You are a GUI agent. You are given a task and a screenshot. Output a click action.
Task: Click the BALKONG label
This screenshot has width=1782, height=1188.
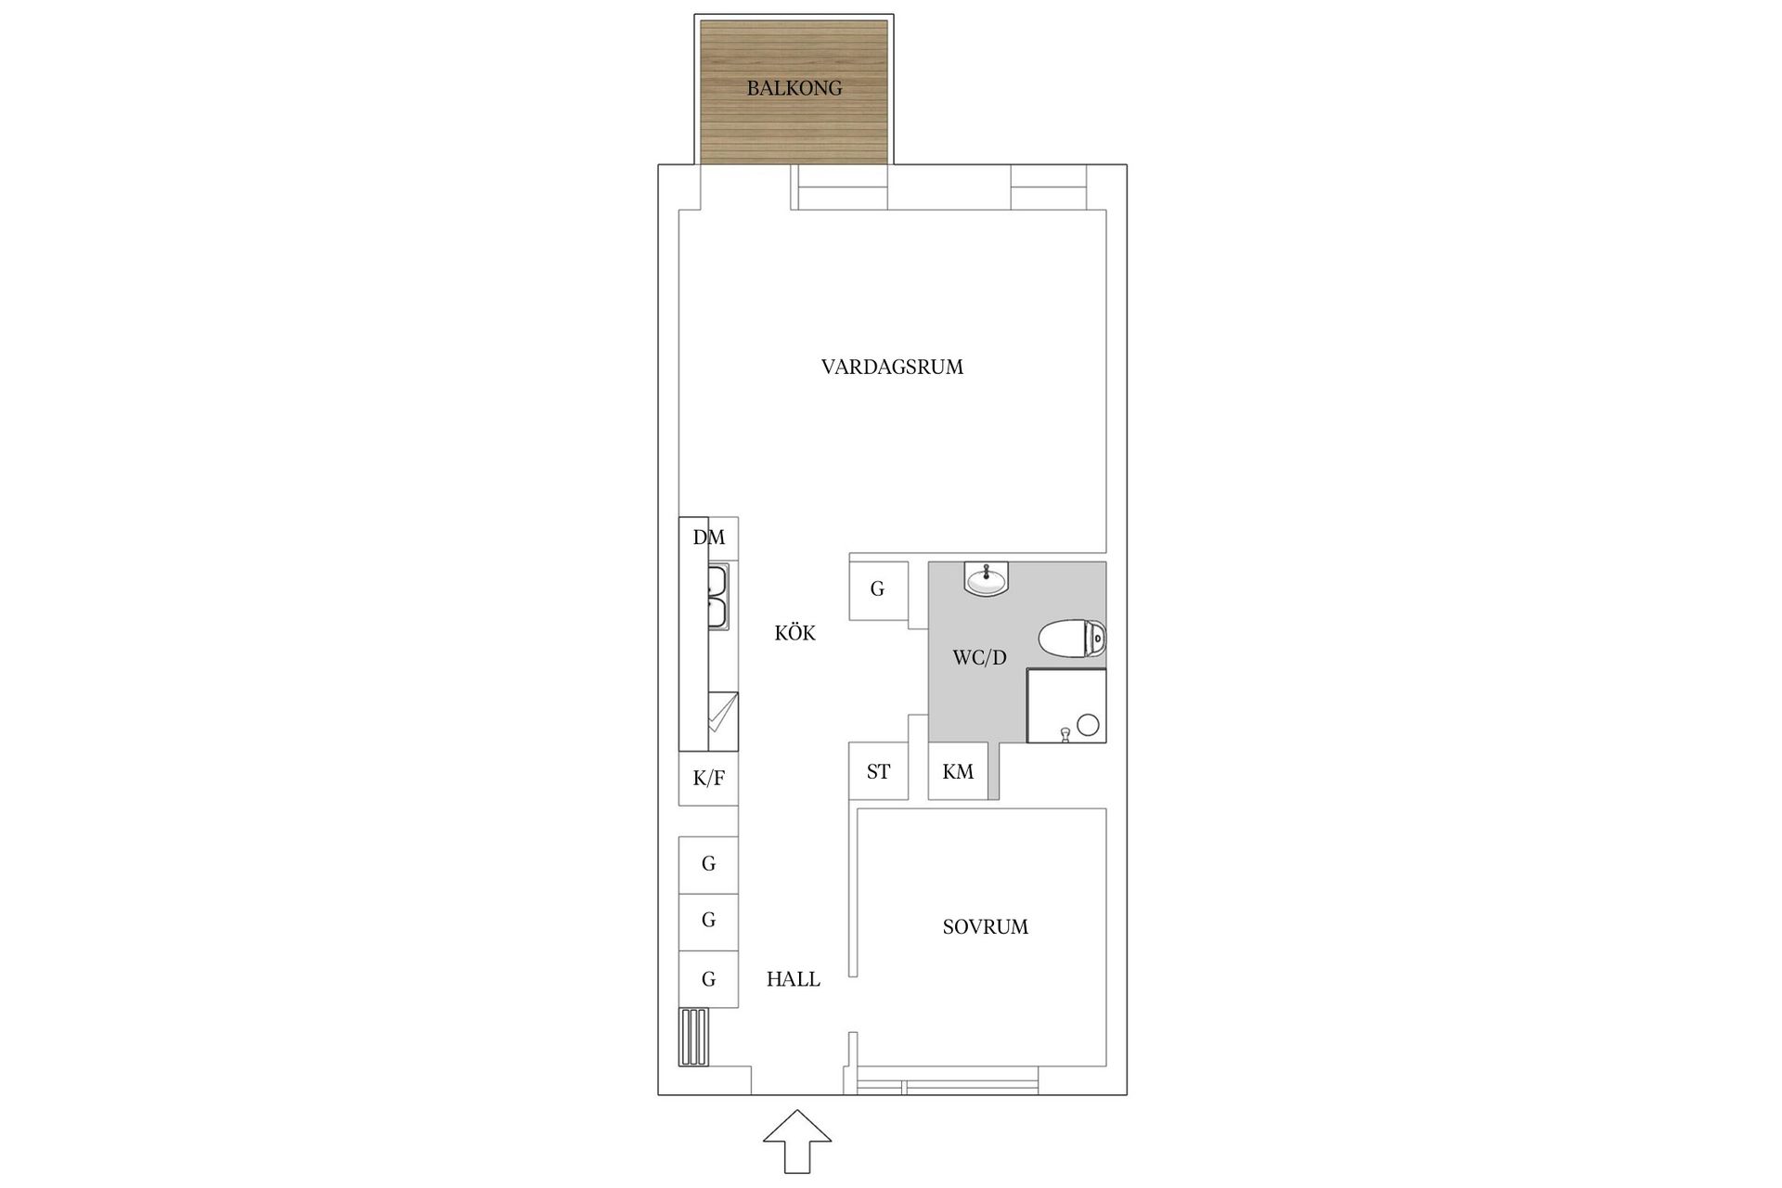794,88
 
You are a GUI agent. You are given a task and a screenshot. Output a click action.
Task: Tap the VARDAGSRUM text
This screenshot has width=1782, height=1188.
892,367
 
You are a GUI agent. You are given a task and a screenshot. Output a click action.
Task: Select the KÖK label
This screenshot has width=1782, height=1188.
795,633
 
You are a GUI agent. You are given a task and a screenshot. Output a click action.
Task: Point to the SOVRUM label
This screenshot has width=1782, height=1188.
985,926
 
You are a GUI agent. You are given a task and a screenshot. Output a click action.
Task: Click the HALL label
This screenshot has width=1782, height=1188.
794,978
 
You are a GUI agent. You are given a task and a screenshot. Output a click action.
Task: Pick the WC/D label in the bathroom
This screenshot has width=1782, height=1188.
979,658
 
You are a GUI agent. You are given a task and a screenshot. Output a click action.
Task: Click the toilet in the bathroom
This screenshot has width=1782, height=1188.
1072,639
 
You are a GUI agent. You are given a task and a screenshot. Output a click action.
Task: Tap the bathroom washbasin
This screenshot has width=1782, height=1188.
985,580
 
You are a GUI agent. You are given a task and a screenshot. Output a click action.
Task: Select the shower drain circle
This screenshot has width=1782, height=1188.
1088,724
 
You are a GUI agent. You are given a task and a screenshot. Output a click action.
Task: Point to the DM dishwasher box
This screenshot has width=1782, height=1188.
709,537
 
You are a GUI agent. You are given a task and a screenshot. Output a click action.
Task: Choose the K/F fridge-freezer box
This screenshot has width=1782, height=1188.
708,778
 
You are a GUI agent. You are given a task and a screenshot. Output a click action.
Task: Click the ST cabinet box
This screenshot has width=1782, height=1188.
878,771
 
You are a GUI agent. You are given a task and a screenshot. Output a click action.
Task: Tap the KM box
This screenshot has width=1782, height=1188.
958,771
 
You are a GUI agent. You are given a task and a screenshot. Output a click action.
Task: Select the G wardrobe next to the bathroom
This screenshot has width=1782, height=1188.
878,589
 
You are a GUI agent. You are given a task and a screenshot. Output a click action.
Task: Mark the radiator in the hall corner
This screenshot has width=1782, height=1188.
692,1037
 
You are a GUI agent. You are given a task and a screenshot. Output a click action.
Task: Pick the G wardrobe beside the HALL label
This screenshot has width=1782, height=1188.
708,979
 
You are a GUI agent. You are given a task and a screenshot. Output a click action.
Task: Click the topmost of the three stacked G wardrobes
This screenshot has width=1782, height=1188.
708,864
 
